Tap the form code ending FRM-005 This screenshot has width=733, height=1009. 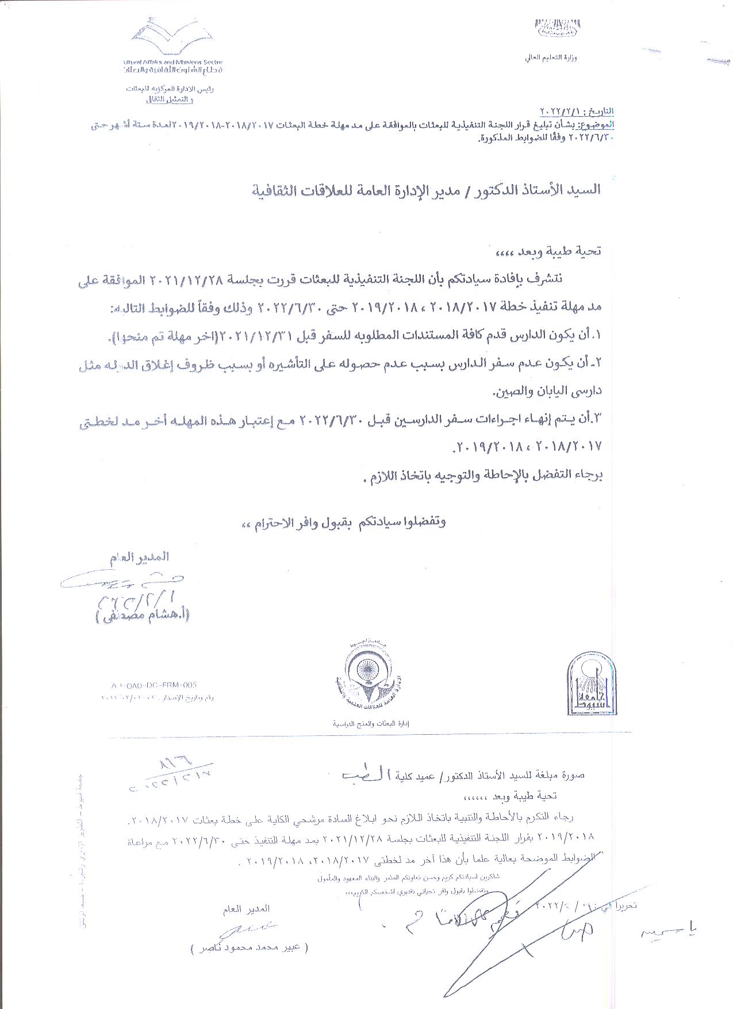pos(155,685)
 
